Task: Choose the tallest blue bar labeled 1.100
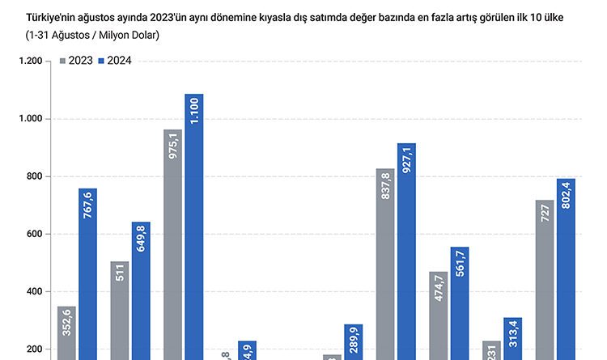(x=194, y=227)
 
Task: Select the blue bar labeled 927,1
(x=407, y=251)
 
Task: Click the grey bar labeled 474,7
(x=439, y=315)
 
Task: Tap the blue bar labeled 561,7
(x=460, y=303)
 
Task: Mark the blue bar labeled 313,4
(x=513, y=338)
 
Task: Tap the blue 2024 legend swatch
(x=101, y=61)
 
